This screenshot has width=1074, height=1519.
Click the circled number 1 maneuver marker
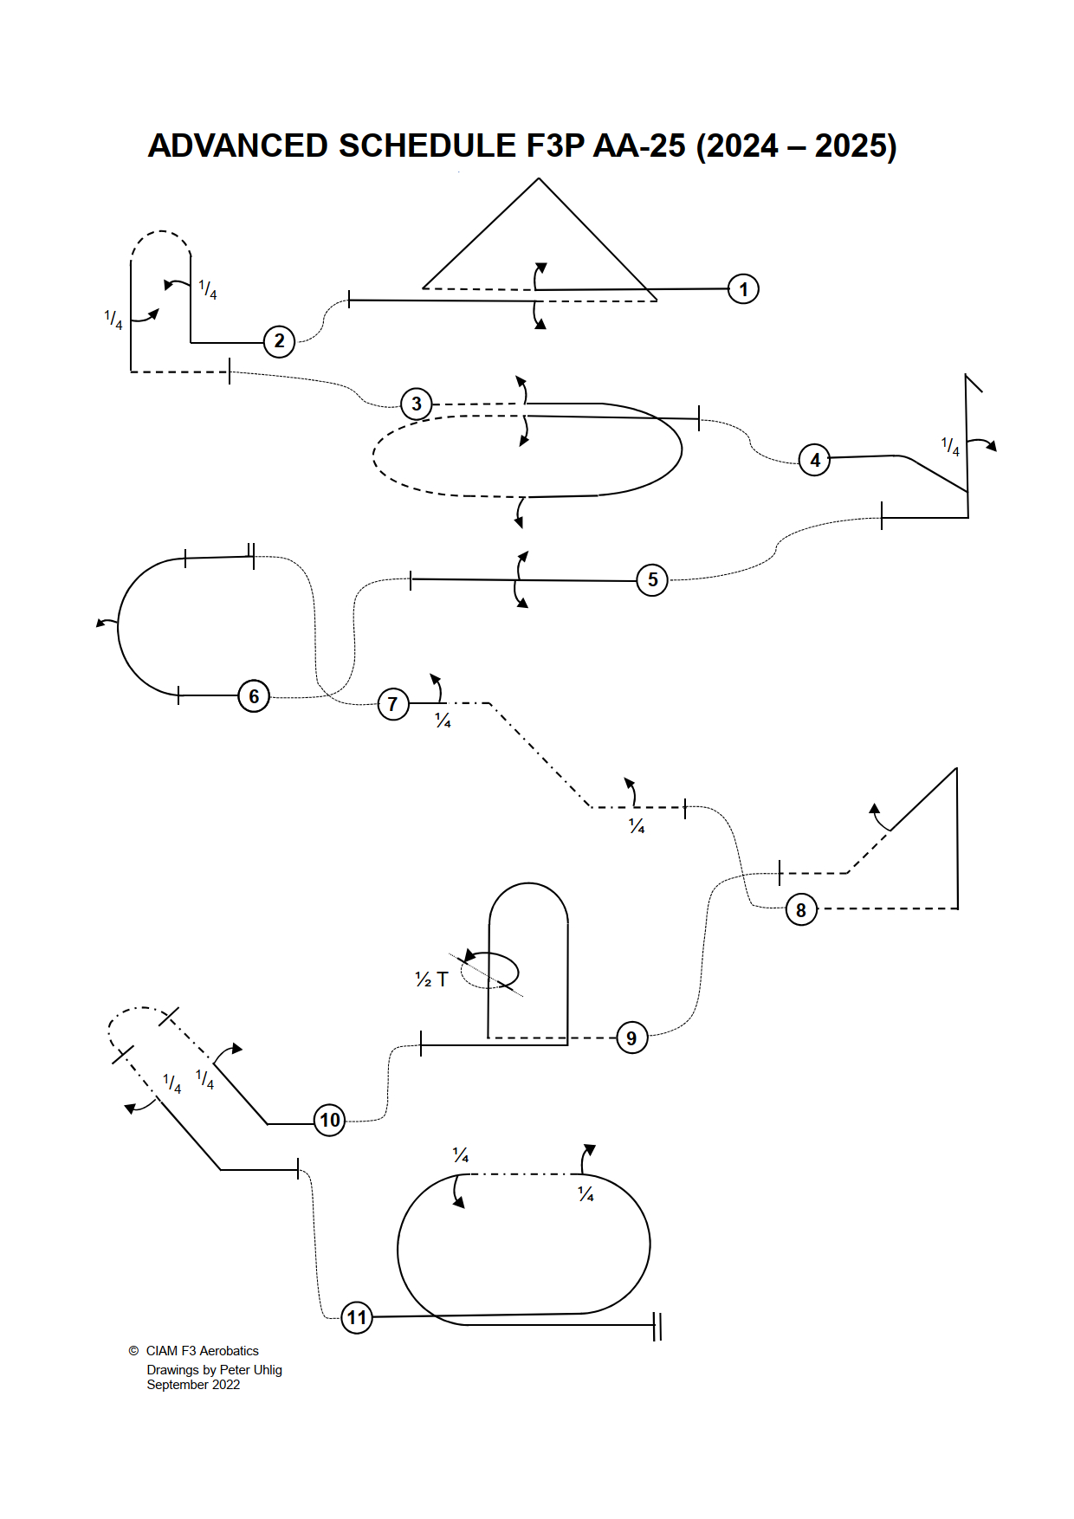pyautogui.click(x=743, y=289)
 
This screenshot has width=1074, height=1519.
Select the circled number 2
pyautogui.click(x=279, y=341)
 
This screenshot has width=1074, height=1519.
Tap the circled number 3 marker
pyautogui.click(x=417, y=404)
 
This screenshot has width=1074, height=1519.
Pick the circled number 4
pyautogui.click(x=814, y=460)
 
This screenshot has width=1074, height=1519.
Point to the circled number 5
pyautogui.click(x=652, y=579)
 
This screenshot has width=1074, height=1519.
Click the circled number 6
pyautogui.click(x=254, y=696)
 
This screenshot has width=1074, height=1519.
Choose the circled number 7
pyautogui.click(x=393, y=704)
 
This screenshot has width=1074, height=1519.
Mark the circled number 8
pyautogui.click(x=801, y=910)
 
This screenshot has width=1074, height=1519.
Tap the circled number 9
pyautogui.click(x=631, y=1037)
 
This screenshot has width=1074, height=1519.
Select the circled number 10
pyautogui.click(x=330, y=1121)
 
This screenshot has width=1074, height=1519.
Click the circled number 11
pyautogui.click(x=357, y=1318)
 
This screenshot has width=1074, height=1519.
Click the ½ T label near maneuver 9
pyautogui.click(x=431, y=979)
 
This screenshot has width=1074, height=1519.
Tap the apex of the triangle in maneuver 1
pyautogui.click(x=539, y=178)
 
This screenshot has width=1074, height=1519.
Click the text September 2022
pyautogui.click(x=193, y=1385)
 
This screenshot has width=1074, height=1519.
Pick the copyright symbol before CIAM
pyautogui.click(x=133, y=1351)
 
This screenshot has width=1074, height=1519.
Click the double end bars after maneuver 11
pyautogui.click(x=657, y=1327)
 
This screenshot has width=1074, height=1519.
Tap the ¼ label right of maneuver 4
pyautogui.click(x=951, y=447)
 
